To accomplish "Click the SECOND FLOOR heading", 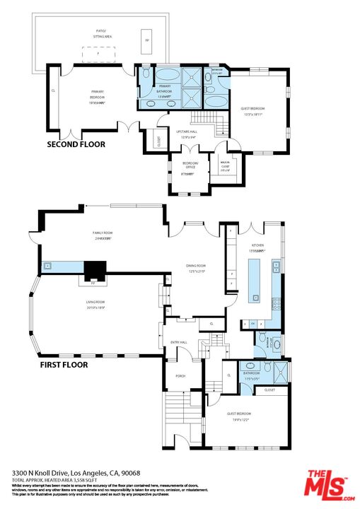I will tap(76, 144).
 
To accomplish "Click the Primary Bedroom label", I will tap(97, 97).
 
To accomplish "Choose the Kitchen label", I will tap(256, 247).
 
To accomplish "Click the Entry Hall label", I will tap(179, 342).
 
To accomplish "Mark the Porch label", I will tap(180, 375).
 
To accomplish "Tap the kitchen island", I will tap(255, 280).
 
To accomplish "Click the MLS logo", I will tap(327, 486).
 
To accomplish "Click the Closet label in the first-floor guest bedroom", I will tap(269, 390).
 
